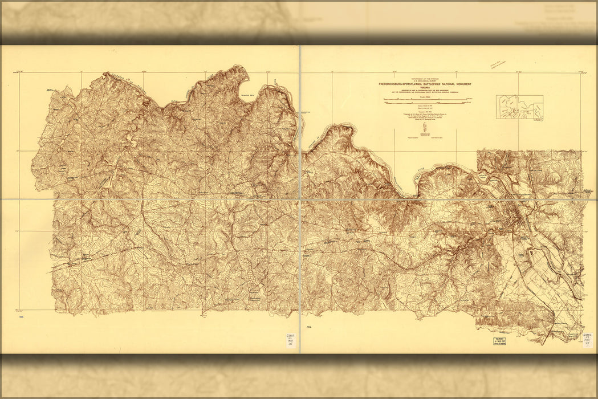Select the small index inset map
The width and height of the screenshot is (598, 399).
point(519,107)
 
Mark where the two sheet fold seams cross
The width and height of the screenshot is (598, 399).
point(300,199)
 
